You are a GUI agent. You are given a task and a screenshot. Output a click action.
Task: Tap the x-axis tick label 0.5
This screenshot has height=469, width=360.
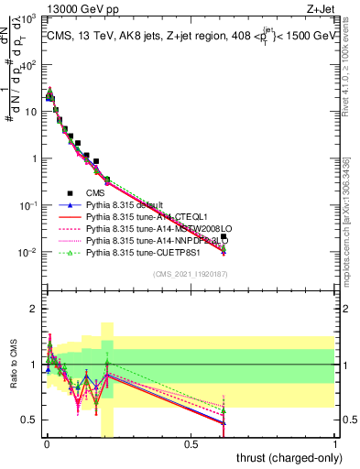pyautogui.click(x=191, y=445)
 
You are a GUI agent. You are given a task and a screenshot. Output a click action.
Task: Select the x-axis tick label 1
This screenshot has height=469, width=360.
pyautogui.click(x=335, y=445)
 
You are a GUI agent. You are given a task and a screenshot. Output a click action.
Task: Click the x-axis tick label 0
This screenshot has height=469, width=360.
pyautogui.click(x=46, y=445)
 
